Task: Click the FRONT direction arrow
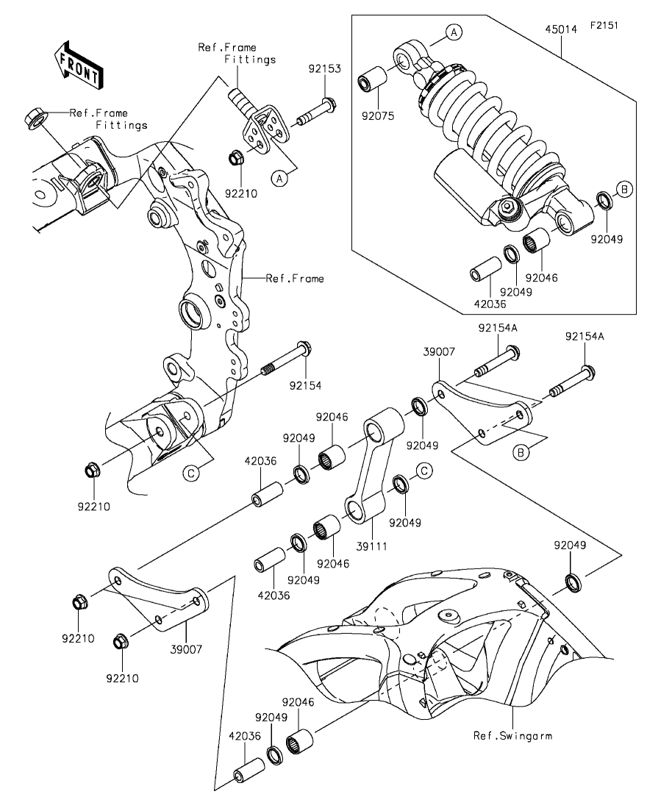(78, 64)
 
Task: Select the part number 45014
(561, 29)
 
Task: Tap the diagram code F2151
(604, 25)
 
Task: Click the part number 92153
(325, 69)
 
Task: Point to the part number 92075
(378, 116)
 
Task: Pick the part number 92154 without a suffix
(305, 385)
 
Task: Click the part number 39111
(371, 546)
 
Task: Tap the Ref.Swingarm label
(512, 735)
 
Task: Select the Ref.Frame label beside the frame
(295, 278)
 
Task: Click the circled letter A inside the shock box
(454, 32)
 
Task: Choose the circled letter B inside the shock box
(624, 189)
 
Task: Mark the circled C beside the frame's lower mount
(191, 473)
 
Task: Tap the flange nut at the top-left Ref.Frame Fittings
(35, 117)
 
